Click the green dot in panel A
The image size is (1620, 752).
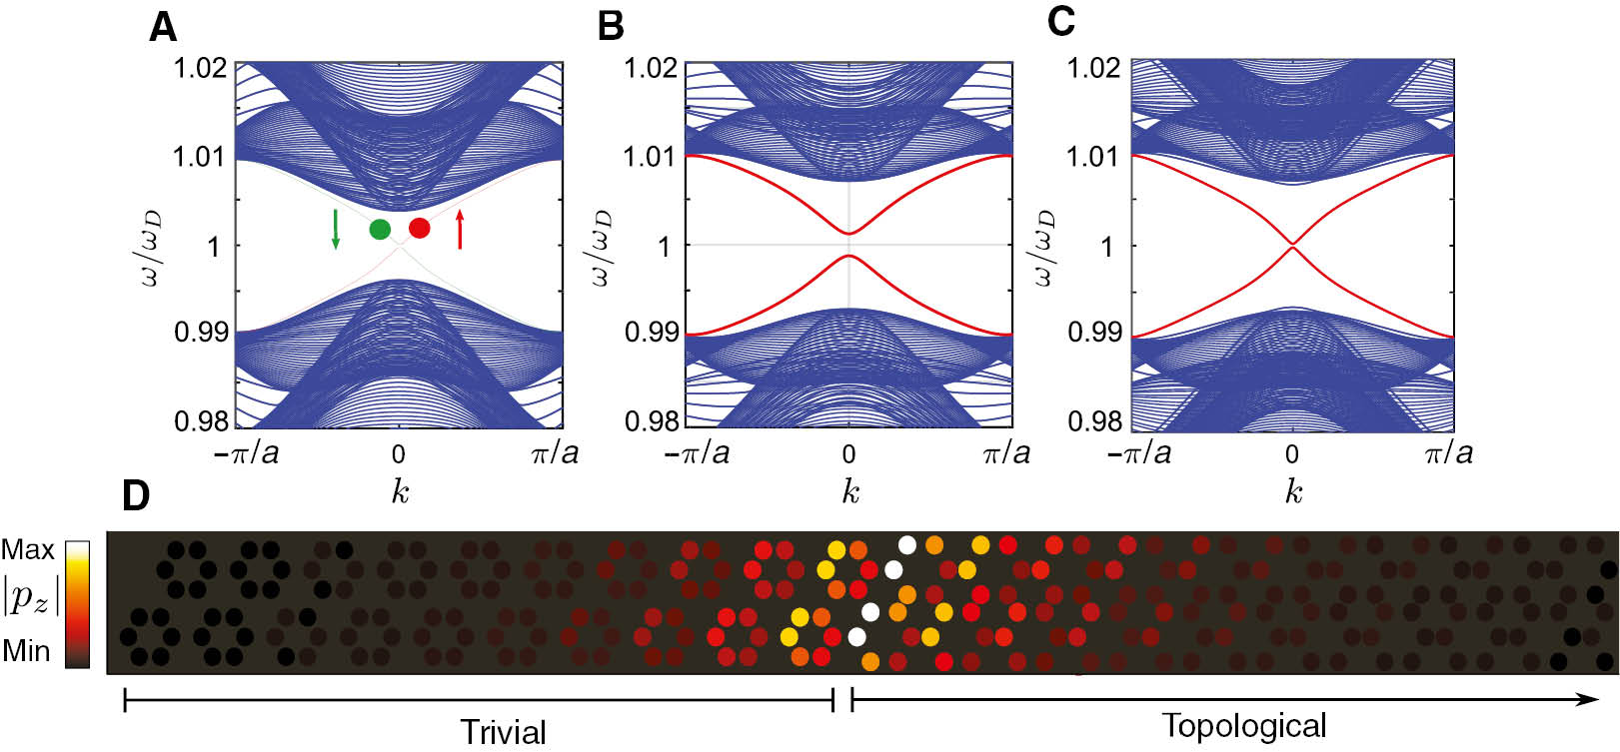[380, 229]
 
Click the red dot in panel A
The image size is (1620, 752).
[420, 228]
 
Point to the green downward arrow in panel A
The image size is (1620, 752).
[336, 229]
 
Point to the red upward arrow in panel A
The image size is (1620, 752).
[460, 229]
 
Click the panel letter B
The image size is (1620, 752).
[610, 26]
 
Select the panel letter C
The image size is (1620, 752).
[1060, 22]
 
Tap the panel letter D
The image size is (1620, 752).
[136, 495]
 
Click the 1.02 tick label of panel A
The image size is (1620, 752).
[200, 69]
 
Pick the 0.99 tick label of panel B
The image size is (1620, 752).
[652, 332]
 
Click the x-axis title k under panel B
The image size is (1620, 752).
[849, 491]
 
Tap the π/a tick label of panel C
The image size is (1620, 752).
[1448, 453]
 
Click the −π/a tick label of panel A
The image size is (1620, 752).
[246, 453]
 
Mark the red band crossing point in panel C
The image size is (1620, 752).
[1292, 244]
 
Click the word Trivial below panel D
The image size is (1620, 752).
[503, 732]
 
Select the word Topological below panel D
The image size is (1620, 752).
[1244, 726]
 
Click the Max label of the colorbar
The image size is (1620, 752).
[28, 550]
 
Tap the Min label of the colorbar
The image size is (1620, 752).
[26, 651]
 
